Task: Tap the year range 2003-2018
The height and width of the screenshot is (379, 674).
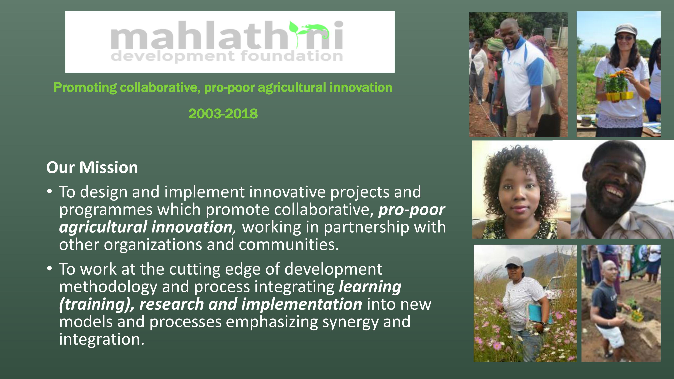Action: click(x=223, y=114)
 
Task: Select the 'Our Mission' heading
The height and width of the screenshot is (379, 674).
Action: click(x=92, y=167)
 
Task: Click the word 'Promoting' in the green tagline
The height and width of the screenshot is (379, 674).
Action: click(x=85, y=88)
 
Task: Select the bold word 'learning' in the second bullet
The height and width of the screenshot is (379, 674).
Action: click(x=370, y=287)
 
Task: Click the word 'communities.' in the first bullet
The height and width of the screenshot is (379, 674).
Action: click(x=289, y=245)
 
